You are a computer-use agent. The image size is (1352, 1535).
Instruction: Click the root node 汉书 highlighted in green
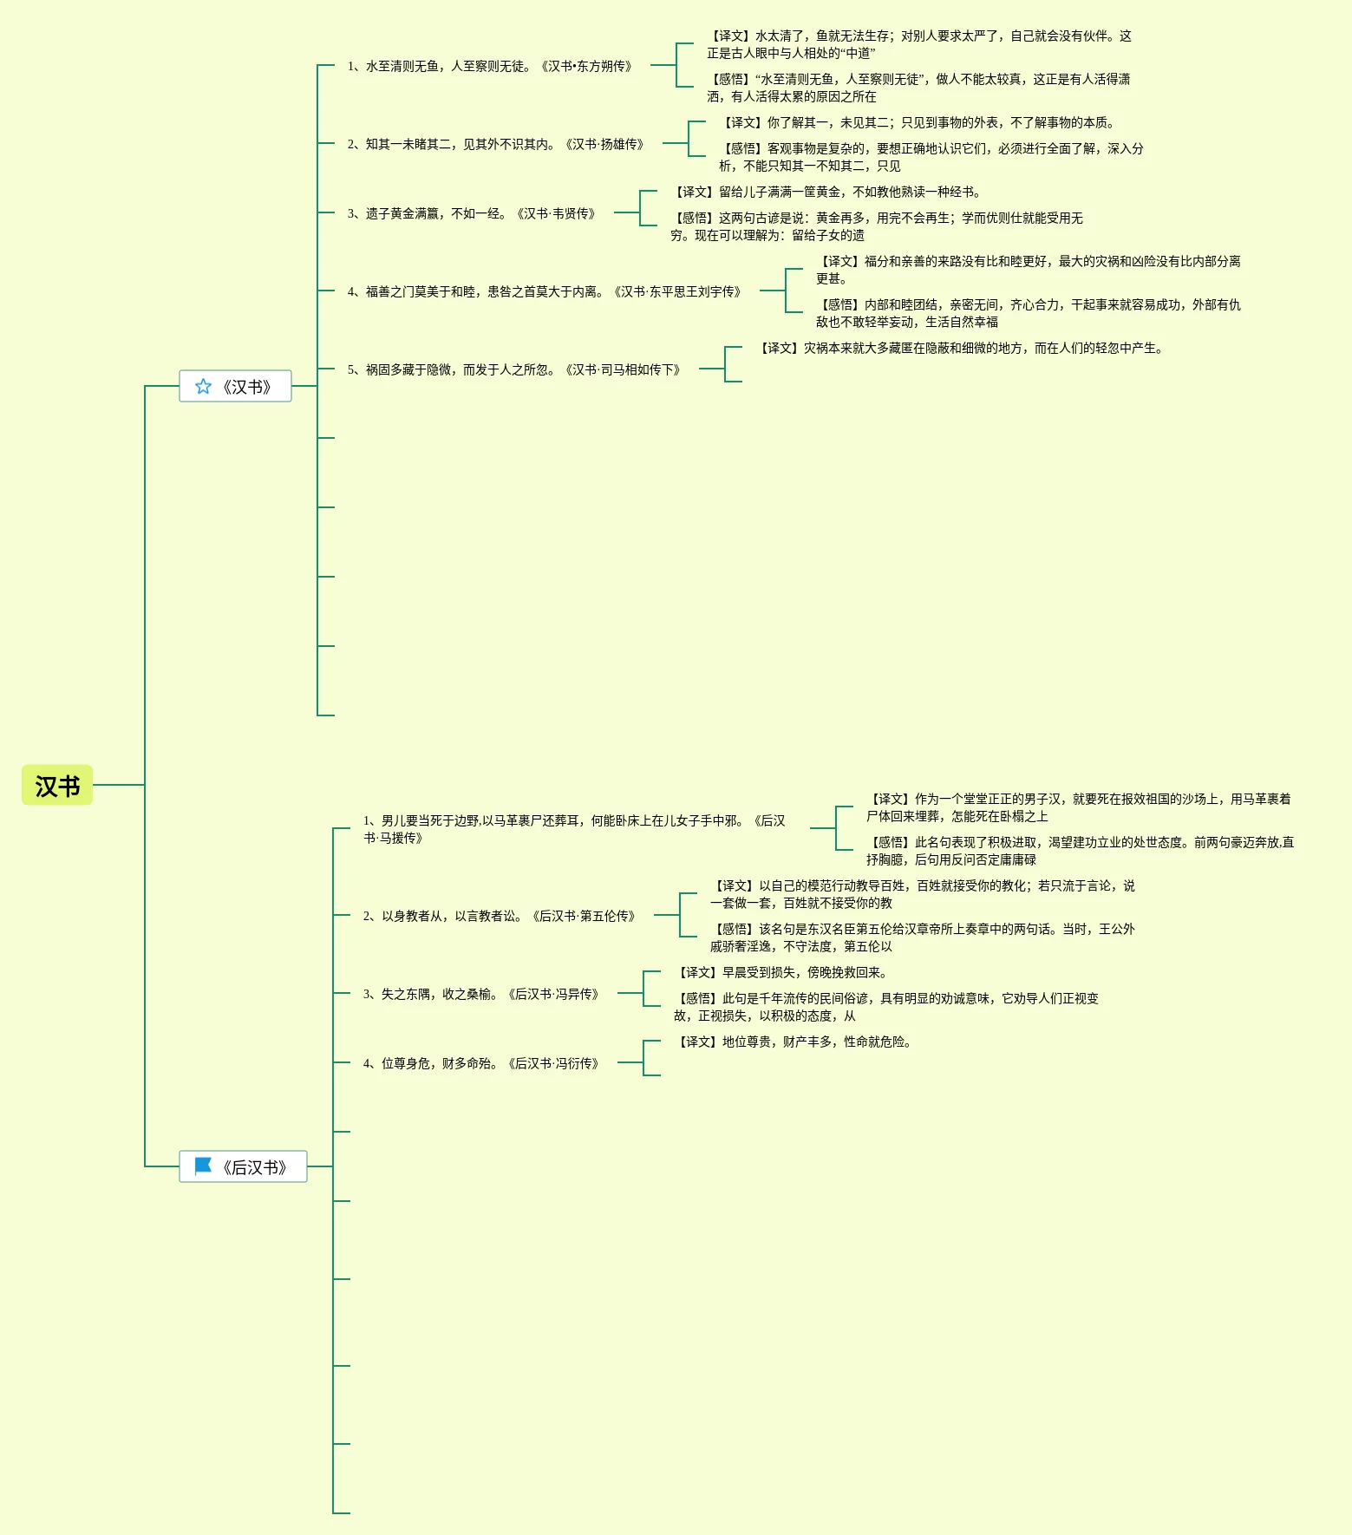(x=57, y=786)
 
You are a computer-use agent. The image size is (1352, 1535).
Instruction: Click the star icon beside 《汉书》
(x=203, y=387)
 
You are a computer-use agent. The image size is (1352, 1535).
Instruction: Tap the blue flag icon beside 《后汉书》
(x=203, y=1166)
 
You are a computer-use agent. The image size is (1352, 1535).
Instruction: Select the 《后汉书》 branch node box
(x=244, y=1167)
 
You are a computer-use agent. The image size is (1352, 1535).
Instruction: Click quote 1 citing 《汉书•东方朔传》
(x=490, y=66)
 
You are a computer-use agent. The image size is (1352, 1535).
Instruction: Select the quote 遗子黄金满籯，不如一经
(x=472, y=213)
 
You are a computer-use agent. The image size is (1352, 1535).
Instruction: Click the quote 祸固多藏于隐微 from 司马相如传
(x=514, y=369)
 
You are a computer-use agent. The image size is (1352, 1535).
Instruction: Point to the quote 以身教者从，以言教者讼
(x=500, y=916)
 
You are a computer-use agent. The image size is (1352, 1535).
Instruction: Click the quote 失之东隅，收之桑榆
(x=481, y=994)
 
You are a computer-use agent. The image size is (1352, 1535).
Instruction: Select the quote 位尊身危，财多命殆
(x=481, y=1063)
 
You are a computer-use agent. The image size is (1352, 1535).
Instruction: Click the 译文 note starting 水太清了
(x=918, y=44)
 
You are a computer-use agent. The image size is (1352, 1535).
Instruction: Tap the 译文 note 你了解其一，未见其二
(x=918, y=122)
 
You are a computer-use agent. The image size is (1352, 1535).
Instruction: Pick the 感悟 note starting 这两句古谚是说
(x=876, y=226)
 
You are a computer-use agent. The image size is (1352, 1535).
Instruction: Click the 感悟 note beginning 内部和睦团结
(x=1028, y=313)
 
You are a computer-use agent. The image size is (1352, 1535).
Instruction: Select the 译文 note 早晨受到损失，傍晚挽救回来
(x=781, y=972)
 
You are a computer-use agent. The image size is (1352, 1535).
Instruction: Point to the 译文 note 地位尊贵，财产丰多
(x=794, y=1042)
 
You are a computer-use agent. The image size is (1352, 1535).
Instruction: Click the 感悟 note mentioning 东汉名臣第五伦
(x=922, y=937)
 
